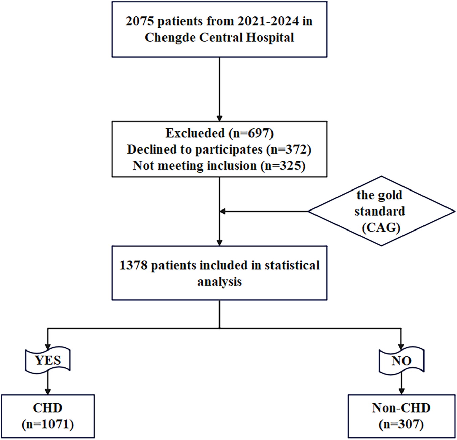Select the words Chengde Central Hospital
[x=219, y=38]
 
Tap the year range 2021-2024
[x=268, y=21]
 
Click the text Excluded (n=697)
[x=219, y=133]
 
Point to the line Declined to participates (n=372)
[x=219, y=149]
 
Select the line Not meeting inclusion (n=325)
[x=219, y=166]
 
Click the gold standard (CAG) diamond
[x=381, y=211]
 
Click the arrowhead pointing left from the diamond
[x=222, y=212]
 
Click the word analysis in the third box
[x=219, y=282]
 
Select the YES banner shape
[x=48, y=360]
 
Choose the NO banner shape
[x=401, y=361]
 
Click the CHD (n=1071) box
[x=48, y=416]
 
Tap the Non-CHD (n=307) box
[x=401, y=416]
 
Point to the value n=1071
[x=48, y=424]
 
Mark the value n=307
[x=401, y=424]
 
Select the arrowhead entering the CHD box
[x=48, y=391]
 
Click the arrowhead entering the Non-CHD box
[x=401, y=391]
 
